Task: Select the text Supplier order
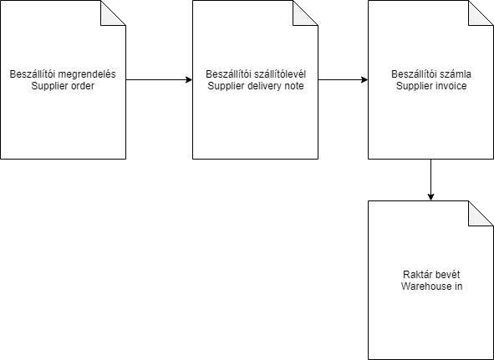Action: click(63, 86)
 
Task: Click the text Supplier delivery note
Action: click(256, 86)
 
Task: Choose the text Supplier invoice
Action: click(431, 86)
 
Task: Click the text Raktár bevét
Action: click(431, 275)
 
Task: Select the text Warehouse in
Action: click(431, 286)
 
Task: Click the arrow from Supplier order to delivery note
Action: click(159, 79)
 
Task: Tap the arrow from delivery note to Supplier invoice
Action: click(343, 79)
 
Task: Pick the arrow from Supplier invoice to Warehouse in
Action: click(431, 180)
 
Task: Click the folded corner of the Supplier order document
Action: click(113, 13)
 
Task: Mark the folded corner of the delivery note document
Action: click(305, 13)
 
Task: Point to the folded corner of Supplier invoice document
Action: click(481, 13)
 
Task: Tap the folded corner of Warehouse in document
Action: click(481, 213)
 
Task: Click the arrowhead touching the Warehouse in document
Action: click(431, 197)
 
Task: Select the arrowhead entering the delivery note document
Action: click(189, 79)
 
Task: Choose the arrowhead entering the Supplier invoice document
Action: click(364, 79)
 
